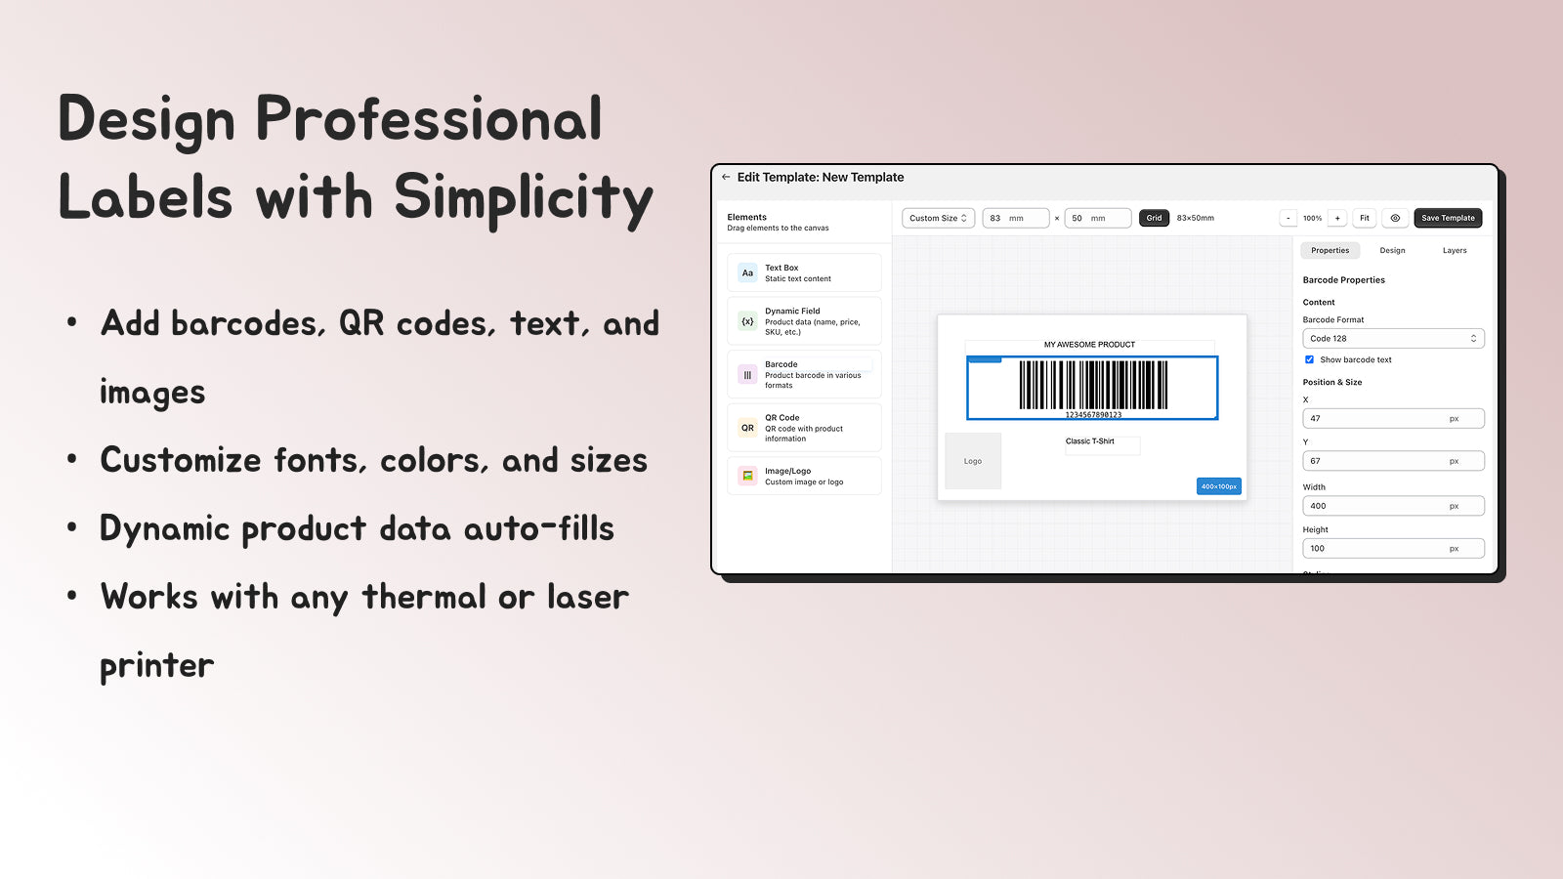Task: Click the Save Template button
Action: tap(1448, 218)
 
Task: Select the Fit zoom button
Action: tap(1365, 218)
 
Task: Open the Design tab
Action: tap(1392, 251)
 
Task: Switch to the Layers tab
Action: tap(1455, 251)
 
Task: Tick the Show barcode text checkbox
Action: tap(1310, 359)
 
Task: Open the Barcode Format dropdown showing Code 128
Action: tap(1393, 339)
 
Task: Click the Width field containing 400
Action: tap(1393, 506)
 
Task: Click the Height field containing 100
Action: tap(1393, 549)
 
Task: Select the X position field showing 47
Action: tap(1393, 418)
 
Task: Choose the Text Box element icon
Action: tap(747, 273)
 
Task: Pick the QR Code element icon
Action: tap(747, 428)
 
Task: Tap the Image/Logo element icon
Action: tap(747, 476)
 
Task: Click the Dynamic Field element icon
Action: tap(747, 321)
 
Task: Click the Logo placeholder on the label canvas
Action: tap(973, 461)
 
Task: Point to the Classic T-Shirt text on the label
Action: tap(1090, 441)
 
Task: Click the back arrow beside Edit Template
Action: tap(726, 177)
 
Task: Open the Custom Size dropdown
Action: tap(938, 218)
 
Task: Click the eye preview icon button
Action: tap(1395, 218)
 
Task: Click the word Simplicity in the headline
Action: tap(523, 197)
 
